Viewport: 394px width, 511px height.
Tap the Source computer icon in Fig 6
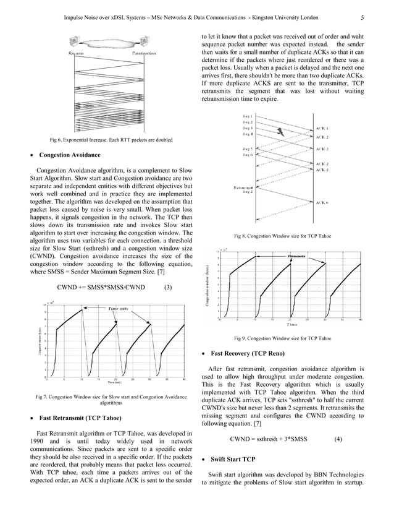75,42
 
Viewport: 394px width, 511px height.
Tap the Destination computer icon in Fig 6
149,42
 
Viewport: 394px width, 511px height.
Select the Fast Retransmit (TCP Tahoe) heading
77,417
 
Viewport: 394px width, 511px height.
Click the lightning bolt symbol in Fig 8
282,131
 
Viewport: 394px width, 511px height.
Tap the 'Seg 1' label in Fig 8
247,116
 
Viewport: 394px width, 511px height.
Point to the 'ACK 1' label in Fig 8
322,128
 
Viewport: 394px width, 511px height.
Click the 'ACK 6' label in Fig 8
322,202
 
